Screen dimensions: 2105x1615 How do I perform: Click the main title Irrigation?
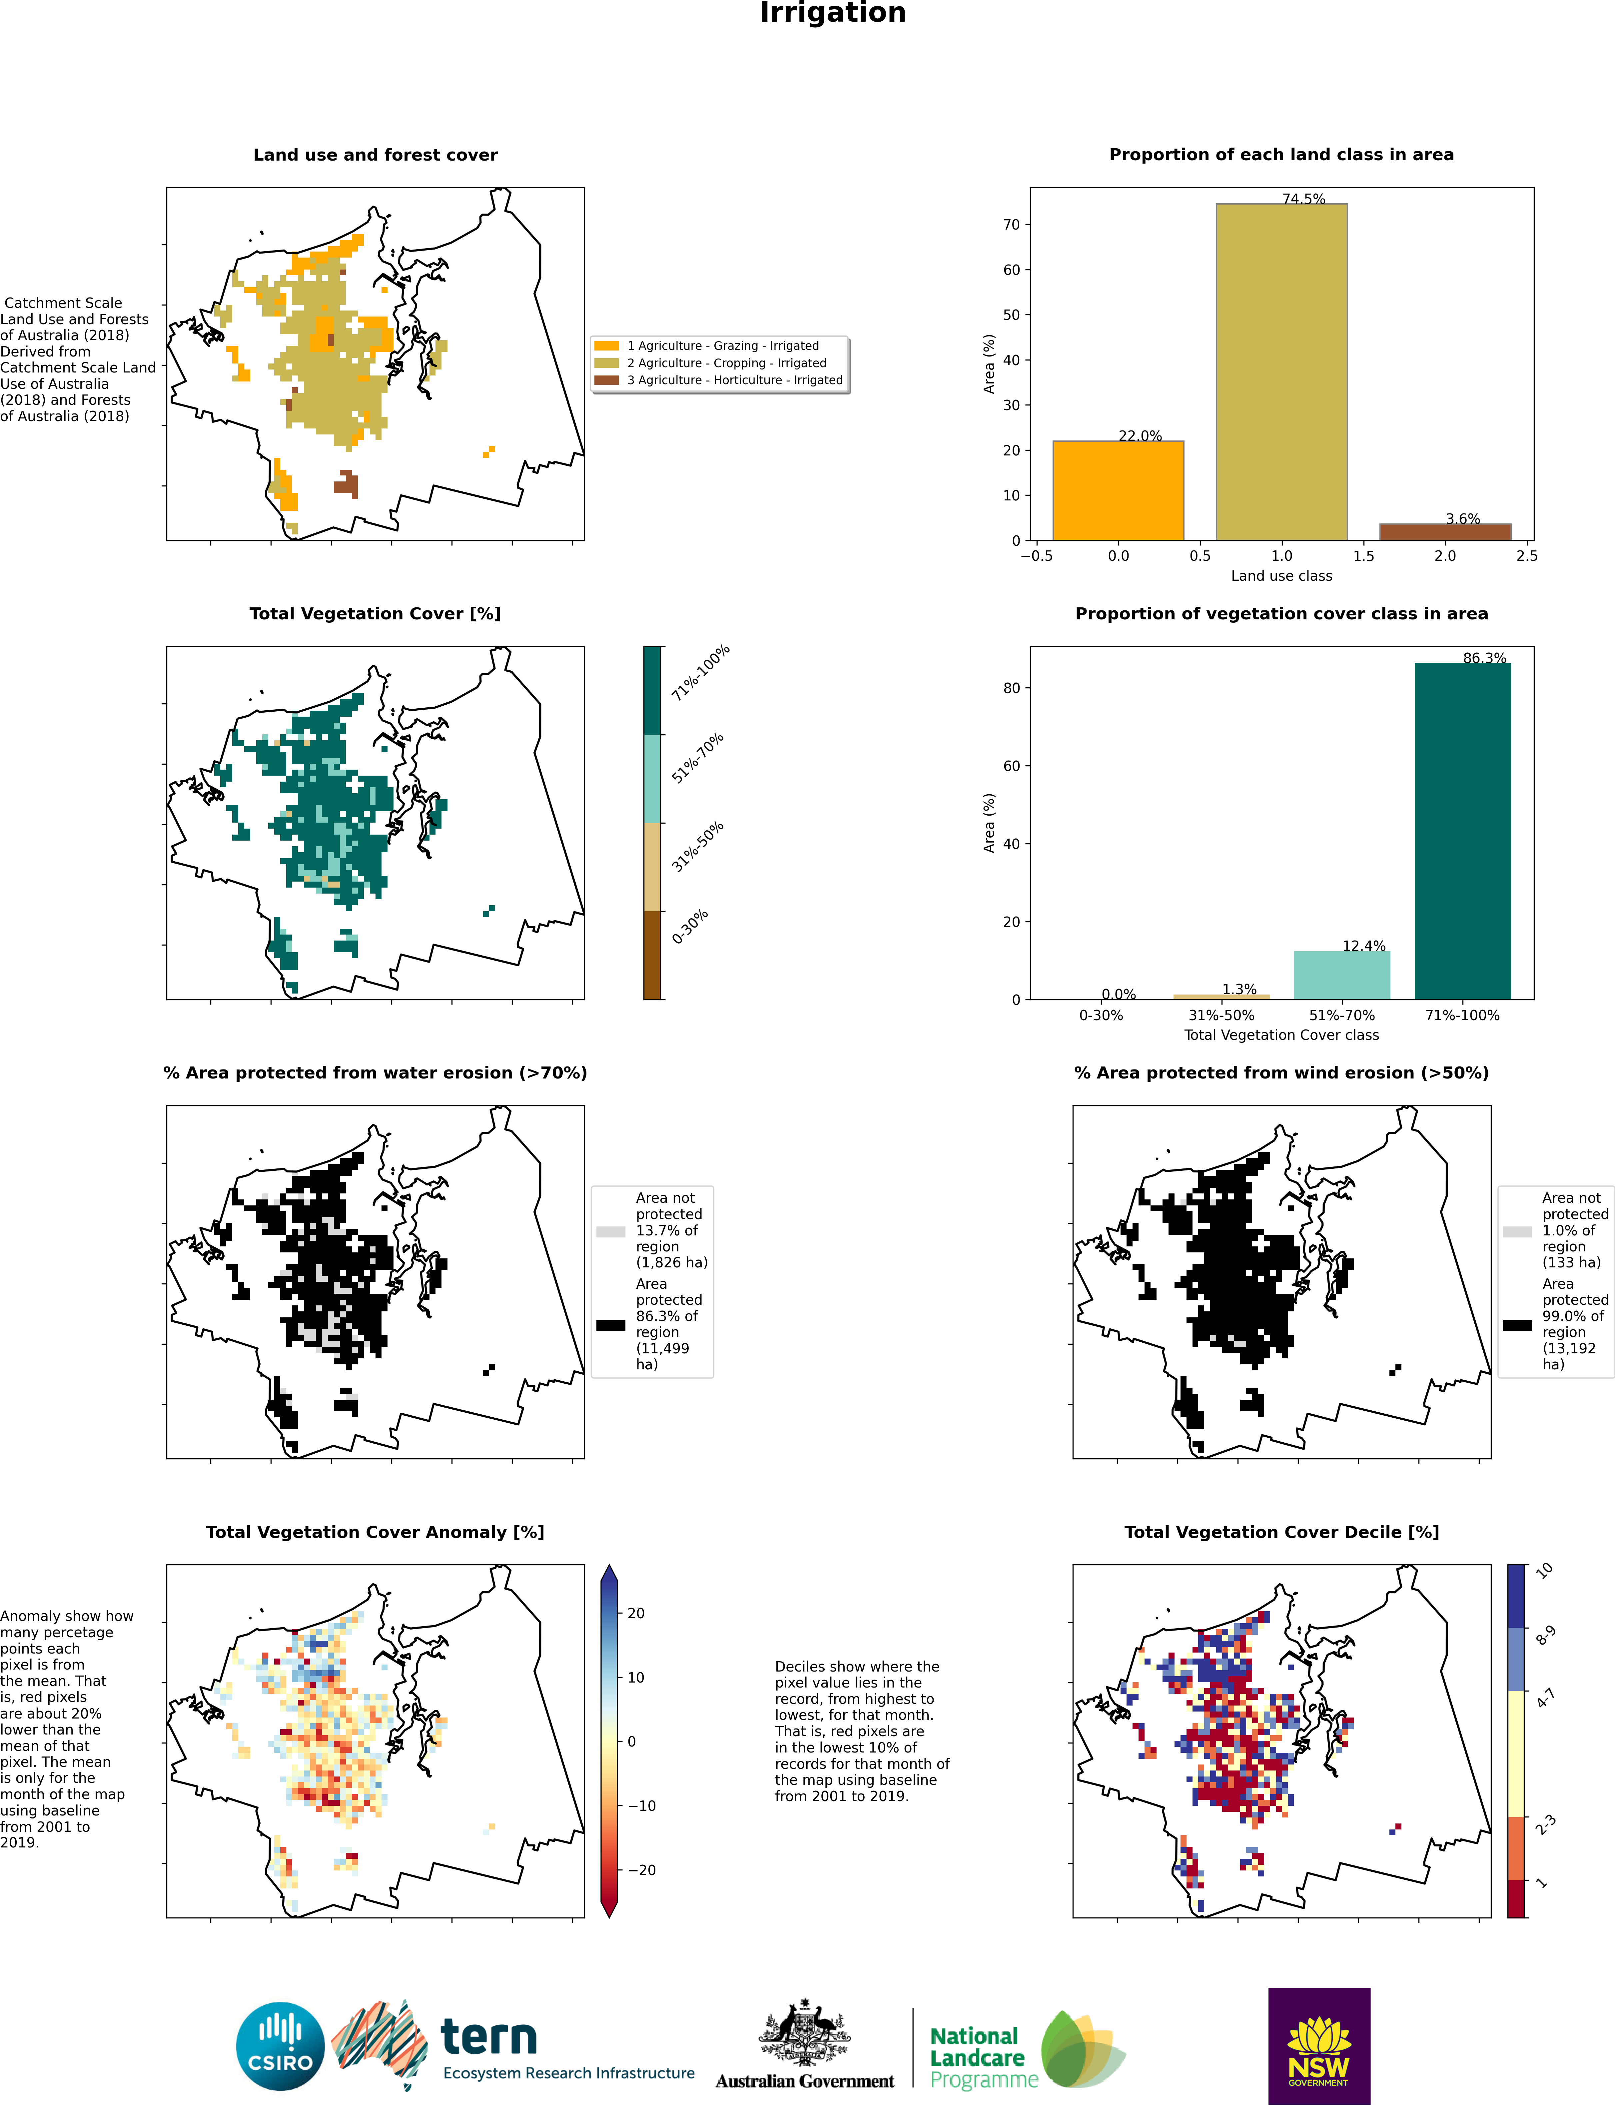coord(833,13)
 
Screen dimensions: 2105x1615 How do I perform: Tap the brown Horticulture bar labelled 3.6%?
coord(1445,531)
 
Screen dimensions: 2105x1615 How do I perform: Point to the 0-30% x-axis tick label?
coord(1101,1015)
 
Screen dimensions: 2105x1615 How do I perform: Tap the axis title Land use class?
coord(1281,576)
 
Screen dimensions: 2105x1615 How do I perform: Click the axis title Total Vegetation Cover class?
coord(1281,1035)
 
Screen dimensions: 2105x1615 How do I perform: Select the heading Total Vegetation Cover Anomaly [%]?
coord(375,1532)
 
